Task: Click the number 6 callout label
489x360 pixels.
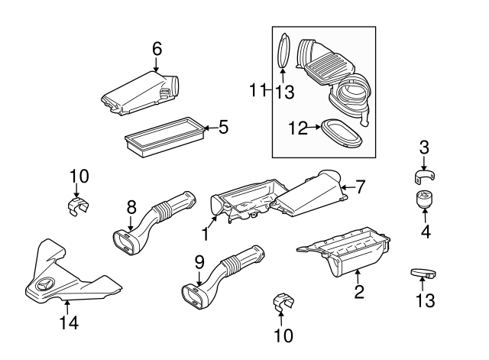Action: click(157, 49)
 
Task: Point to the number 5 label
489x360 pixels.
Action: click(223, 128)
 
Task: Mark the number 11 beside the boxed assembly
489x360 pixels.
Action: click(256, 91)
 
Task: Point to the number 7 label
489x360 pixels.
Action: click(361, 186)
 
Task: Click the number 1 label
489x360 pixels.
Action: click(204, 232)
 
